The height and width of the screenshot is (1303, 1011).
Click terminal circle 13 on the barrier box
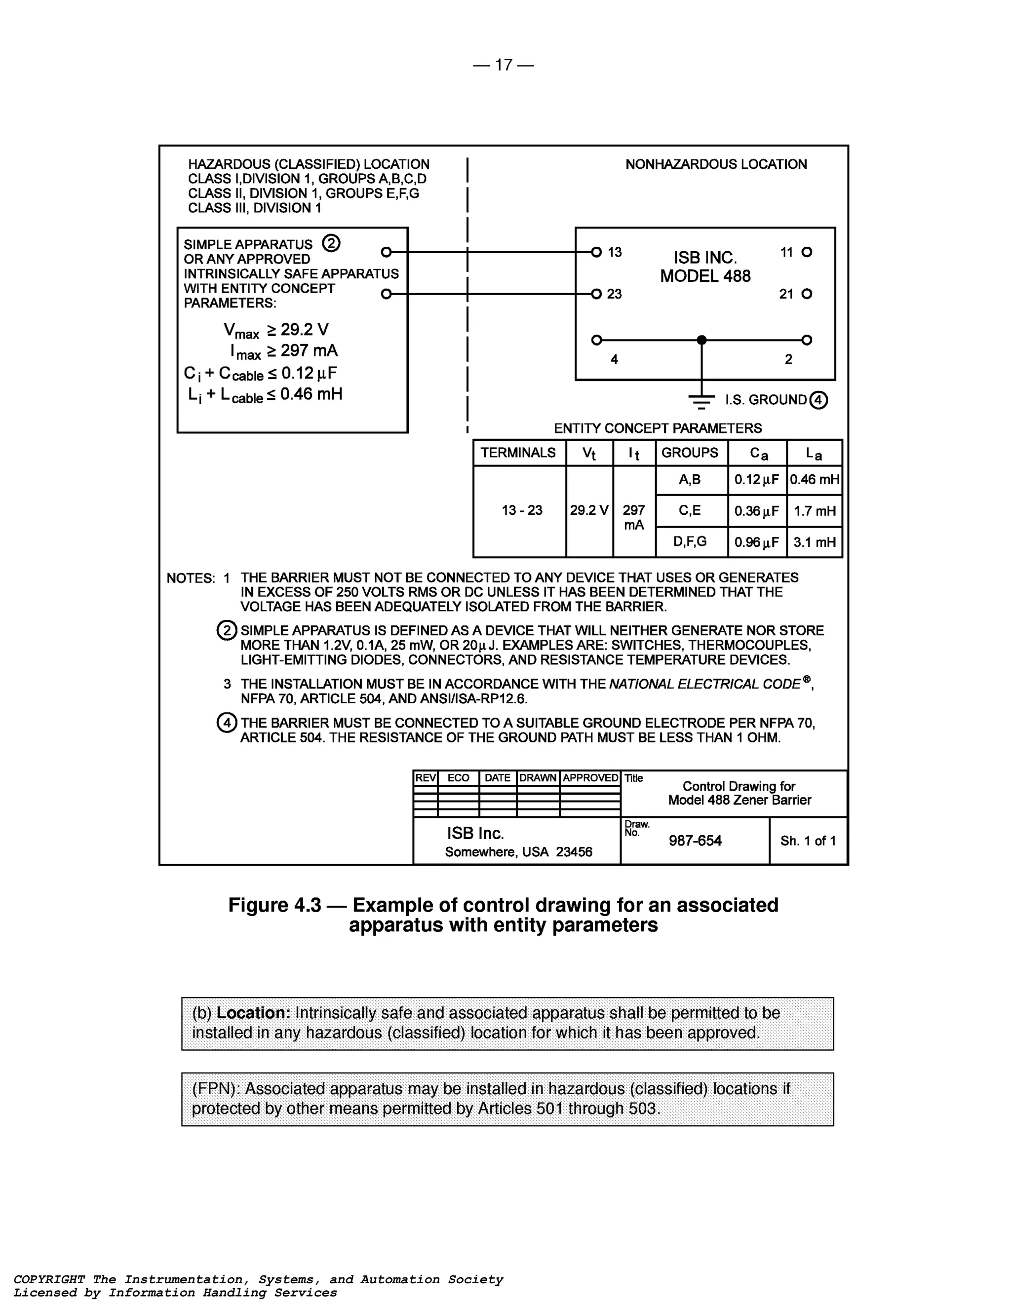[596, 252]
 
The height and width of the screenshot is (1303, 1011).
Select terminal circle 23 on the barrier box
[596, 294]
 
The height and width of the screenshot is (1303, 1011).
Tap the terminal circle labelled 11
[807, 252]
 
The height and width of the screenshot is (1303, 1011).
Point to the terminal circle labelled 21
[807, 294]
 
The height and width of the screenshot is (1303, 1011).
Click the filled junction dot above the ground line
[702, 340]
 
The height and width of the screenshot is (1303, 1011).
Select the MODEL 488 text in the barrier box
[705, 276]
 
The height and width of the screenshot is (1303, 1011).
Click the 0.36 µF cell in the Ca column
[757, 511]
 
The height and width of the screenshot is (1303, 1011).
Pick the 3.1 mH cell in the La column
[814, 542]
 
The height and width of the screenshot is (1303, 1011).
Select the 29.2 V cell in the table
[588, 511]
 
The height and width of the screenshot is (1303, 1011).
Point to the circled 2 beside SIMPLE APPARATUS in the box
[331, 243]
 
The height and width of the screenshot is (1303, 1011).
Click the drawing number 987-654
[695, 841]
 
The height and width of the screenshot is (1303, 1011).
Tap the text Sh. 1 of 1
[808, 841]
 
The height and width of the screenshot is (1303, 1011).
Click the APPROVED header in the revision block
[590, 778]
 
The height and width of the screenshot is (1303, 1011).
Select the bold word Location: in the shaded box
[253, 1013]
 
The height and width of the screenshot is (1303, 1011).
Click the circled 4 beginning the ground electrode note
[226, 723]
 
